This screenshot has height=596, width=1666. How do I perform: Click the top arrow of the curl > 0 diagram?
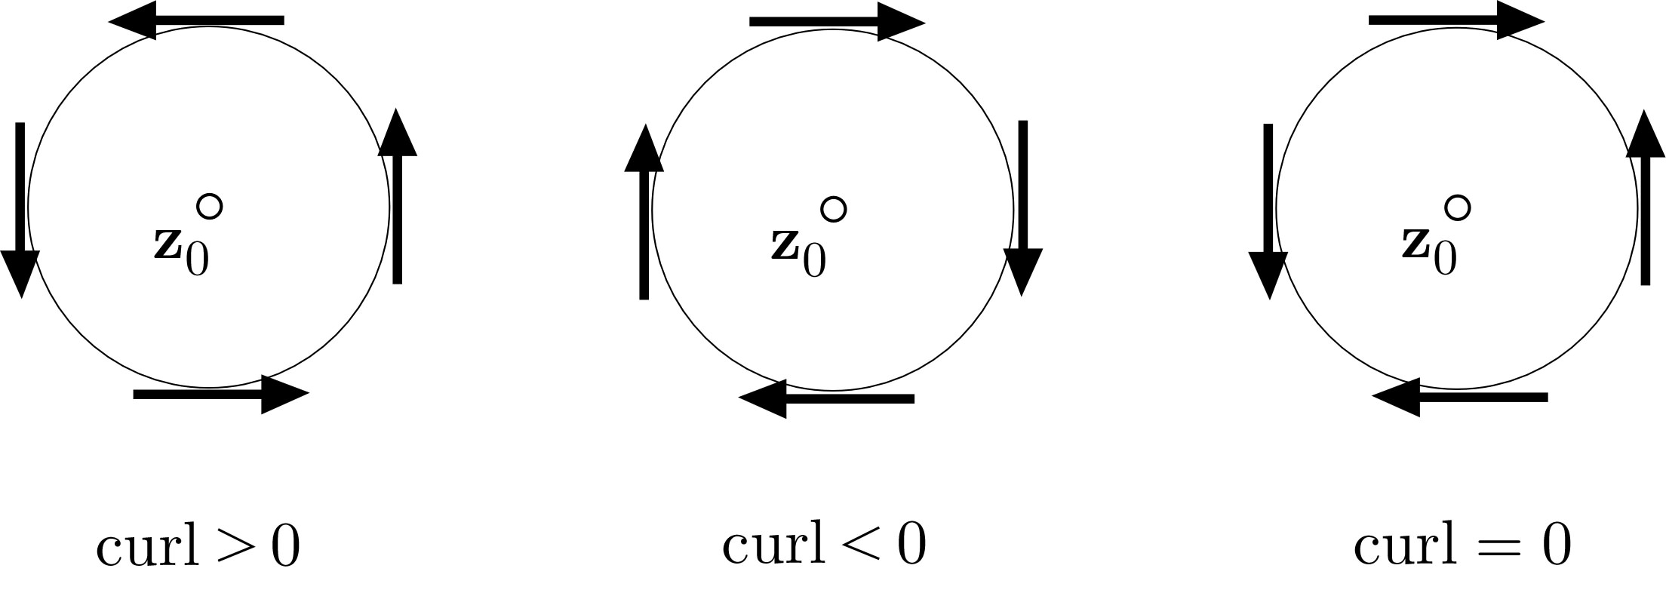click(x=196, y=20)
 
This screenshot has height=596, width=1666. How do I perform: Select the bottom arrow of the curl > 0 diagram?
click(x=220, y=394)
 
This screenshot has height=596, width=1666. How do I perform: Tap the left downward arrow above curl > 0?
click(x=20, y=209)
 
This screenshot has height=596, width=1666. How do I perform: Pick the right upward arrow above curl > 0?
click(x=398, y=197)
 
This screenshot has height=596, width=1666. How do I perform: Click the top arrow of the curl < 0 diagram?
click(x=837, y=22)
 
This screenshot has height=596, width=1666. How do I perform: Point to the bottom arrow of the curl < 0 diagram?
click(x=827, y=398)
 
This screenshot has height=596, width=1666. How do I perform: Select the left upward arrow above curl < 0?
click(x=644, y=212)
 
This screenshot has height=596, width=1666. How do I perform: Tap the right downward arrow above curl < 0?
click(x=1023, y=207)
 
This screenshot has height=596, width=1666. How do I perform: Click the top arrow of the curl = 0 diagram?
click(x=1456, y=20)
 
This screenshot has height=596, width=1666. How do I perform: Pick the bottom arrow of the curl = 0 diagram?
click(x=1460, y=397)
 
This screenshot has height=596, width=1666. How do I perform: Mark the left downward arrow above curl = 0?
click(x=1268, y=210)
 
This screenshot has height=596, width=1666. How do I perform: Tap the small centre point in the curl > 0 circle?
click(x=209, y=206)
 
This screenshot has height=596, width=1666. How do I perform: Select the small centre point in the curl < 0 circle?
click(x=833, y=209)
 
